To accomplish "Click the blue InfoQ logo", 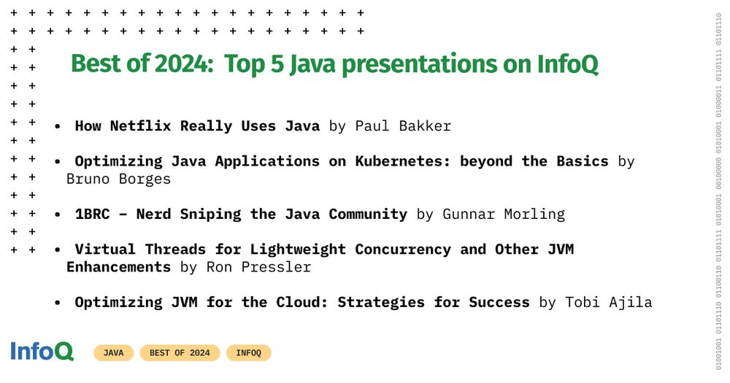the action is [x=42, y=352].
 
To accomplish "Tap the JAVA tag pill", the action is [x=114, y=353].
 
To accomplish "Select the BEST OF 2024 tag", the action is [x=180, y=353].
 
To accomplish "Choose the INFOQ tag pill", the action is [x=249, y=353].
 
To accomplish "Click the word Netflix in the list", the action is [x=141, y=125].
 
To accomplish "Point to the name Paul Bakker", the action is [x=403, y=125].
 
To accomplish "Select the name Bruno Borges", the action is [x=119, y=179].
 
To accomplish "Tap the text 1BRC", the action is [x=92, y=214].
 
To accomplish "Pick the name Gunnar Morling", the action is [x=504, y=214].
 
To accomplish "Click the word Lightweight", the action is [x=298, y=249].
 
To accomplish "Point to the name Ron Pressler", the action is [x=259, y=267].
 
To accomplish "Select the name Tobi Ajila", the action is [x=609, y=303].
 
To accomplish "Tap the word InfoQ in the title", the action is [x=567, y=64].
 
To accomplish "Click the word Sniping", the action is [x=210, y=214].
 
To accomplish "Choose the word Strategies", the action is [x=381, y=303].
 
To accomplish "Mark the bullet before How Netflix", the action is [x=57, y=126].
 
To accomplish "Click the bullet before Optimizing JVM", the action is [x=57, y=303].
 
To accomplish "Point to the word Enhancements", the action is [x=119, y=267].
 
